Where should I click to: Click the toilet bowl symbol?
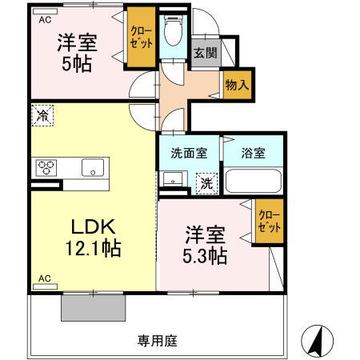click(174, 30)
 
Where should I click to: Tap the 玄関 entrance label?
click(206, 53)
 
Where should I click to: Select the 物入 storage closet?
click(238, 85)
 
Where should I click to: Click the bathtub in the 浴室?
click(254, 181)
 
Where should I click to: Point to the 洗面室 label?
click(189, 154)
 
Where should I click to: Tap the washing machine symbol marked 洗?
click(207, 183)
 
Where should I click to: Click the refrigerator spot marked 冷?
click(42, 115)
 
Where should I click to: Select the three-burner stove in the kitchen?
click(46, 168)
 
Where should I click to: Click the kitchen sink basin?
click(93, 168)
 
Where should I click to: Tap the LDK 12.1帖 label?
click(94, 238)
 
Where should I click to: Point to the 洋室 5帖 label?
click(78, 53)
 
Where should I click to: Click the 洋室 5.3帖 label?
click(205, 245)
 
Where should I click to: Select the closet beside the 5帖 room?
click(141, 37)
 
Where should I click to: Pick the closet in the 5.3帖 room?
click(270, 221)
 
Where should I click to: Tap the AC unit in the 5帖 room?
click(45, 11)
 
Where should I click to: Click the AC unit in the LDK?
click(45, 286)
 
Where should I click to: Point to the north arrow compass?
click(317, 341)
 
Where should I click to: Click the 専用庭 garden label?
click(158, 341)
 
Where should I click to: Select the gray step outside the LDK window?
click(94, 308)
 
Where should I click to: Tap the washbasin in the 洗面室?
click(173, 179)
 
